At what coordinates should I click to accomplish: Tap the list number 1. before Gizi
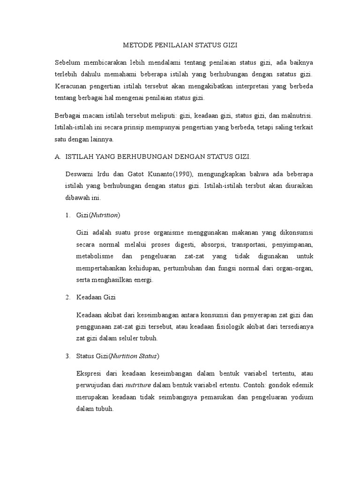click(67, 215)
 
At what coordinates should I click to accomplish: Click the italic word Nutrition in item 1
click(105, 215)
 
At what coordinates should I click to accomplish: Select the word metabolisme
click(95, 257)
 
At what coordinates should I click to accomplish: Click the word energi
click(144, 280)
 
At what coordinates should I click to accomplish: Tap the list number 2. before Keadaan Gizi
click(67, 298)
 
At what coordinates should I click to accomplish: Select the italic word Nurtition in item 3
click(124, 356)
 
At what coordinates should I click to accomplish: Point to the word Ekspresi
click(89, 373)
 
